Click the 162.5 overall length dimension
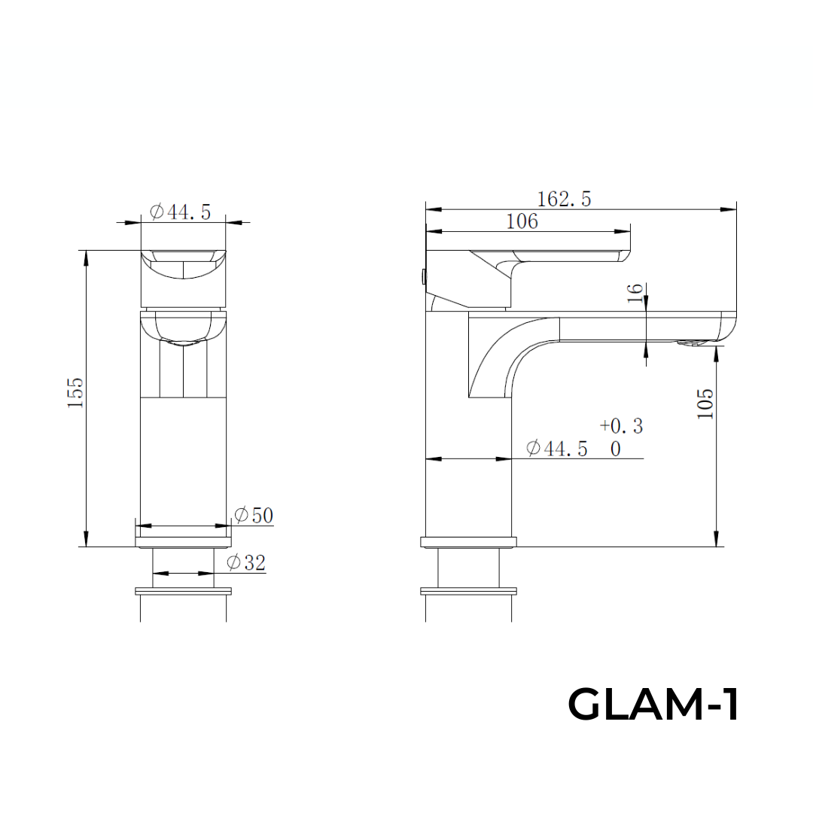[x=564, y=199]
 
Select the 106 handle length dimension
[x=522, y=221]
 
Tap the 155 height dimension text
[x=76, y=392]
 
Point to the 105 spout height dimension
[x=705, y=403]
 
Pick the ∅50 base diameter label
[x=253, y=516]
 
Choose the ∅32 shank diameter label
[x=246, y=562]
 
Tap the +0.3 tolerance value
[x=621, y=426]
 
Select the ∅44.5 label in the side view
[x=556, y=449]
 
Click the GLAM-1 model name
[x=653, y=705]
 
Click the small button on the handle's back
[x=424, y=276]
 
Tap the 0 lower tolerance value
[x=616, y=449]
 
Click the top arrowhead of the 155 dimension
[x=87, y=257]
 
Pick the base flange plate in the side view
[x=468, y=541]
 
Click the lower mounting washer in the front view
[x=184, y=591]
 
